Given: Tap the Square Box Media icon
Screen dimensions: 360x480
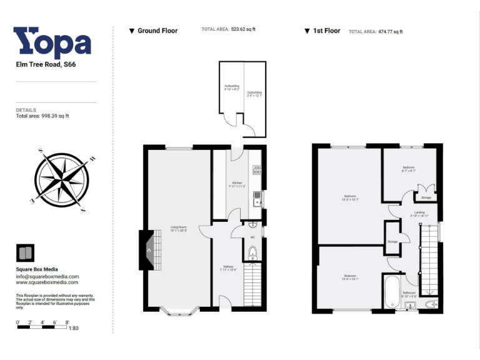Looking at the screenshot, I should pos(24,253).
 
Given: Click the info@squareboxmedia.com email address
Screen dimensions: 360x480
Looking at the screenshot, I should pos(47,276).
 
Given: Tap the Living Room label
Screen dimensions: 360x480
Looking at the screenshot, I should pos(179,228).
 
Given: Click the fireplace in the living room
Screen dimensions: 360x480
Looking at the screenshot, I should pos(147,250).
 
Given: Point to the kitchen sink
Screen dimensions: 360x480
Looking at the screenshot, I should pos(257,201).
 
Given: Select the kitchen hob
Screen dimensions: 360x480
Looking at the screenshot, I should pos(257,170).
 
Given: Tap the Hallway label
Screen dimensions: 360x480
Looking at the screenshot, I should pos(227,267).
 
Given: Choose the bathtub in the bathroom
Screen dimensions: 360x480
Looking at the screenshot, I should pos(390,292).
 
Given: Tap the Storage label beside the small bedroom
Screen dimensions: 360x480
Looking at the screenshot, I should pos(426,197).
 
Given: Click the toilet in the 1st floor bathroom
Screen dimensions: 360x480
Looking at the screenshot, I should pos(432,304).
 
